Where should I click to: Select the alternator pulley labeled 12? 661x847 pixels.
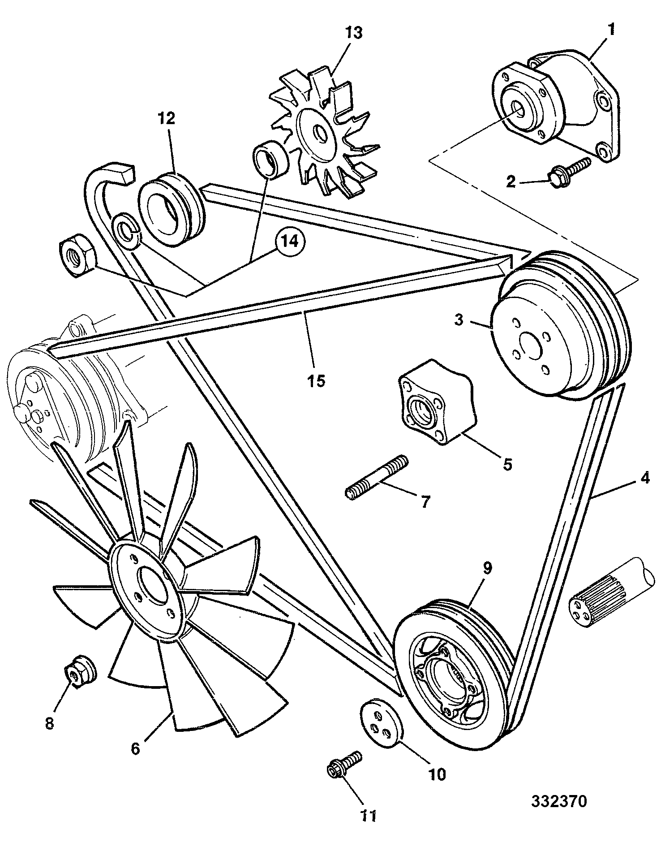pos(171,210)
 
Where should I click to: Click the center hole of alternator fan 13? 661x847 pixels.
pos(320,133)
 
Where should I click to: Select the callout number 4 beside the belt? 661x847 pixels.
pos(645,478)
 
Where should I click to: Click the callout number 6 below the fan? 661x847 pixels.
pos(136,748)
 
